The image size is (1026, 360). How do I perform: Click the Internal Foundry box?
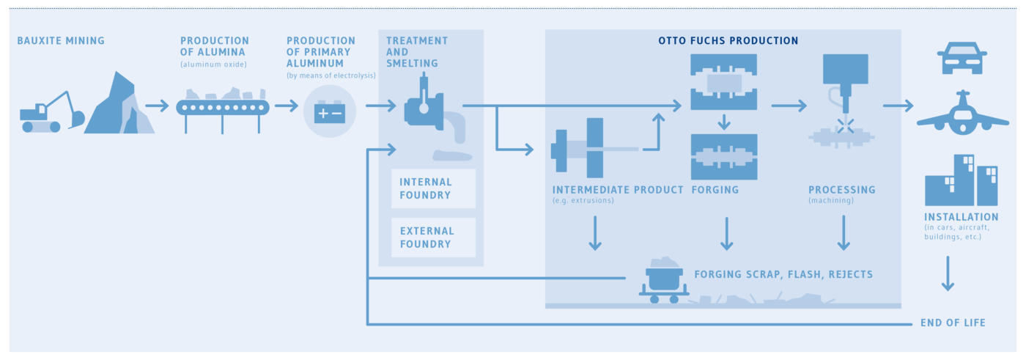coord(433,188)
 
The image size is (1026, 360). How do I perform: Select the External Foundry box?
coord(433,237)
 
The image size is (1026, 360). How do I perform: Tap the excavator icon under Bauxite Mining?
coord(51,114)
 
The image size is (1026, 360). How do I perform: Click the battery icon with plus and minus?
coord(330,112)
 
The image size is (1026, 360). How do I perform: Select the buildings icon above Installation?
coord(961,180)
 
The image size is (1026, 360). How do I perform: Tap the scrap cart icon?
coord(664,282)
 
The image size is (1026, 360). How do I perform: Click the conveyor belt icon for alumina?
coord(223,107)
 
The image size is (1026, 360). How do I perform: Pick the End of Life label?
coord(953,323)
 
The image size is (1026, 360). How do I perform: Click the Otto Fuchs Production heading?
coord(728,41)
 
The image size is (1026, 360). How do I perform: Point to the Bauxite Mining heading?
coord(61,41)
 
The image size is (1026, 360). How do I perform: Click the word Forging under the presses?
coord(715,190)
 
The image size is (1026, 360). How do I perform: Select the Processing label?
coord(841,190)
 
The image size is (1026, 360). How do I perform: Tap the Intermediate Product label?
coord(618,190)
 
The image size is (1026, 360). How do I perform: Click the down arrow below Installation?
coord(947,273)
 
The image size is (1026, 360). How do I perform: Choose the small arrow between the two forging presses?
coord(724,121)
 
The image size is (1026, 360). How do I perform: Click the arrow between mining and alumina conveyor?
coord(157,106)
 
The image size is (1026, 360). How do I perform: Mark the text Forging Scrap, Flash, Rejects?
coord(783,275)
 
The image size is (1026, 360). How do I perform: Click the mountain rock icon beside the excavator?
coord(119,106)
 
